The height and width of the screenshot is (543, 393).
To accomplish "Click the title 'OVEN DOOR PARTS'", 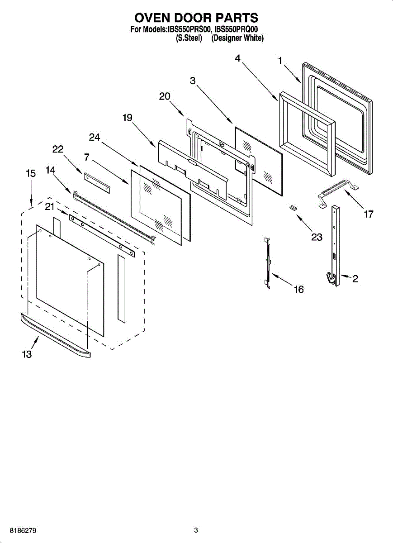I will pyautogui.click(x=196, y=18).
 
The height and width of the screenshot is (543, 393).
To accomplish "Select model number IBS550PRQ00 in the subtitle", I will pyautogui.click(x=239, y=30).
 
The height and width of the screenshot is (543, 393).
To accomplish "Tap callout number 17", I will pyautogui.click(x=369, y=214).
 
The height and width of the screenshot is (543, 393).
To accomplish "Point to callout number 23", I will pyautogui.click(x=317, y=236).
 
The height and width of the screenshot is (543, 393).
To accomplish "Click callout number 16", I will pyautogui.click(x=299, y=289).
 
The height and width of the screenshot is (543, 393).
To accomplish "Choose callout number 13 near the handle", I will pyautogui.click(x=27, y=354).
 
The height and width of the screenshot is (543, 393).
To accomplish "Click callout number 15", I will pyautogui.click(x=30, y=173).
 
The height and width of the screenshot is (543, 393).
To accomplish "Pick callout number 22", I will pyautogui.click(x=58, y=149).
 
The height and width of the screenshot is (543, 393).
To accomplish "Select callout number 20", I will pyautogui.click(x=165, y=96).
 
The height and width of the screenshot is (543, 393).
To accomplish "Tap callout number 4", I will pyautogui.click(x=238, y=58).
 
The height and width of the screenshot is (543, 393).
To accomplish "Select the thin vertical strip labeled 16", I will pyautogui.click(x=268, y=262).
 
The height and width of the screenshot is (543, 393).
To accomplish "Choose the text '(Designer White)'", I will pyautogui.click(x=237, y=38).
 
